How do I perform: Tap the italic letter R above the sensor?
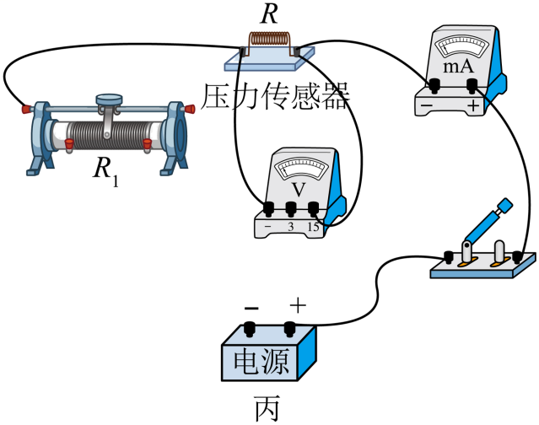[270, 13]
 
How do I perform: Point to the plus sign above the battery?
[296, 304]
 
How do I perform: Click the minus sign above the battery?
[250, 304]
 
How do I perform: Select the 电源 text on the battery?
[261, 361]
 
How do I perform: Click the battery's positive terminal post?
[291, 326]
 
